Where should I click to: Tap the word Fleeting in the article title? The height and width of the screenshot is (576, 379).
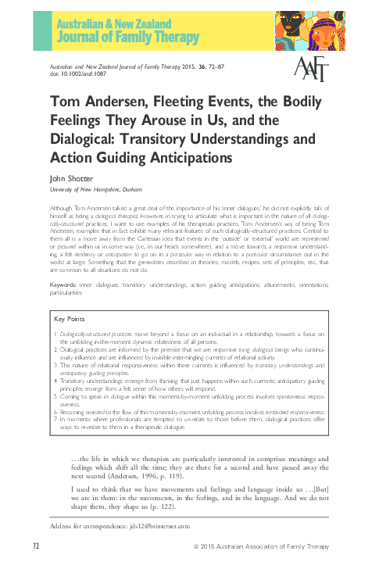(159, 104)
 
